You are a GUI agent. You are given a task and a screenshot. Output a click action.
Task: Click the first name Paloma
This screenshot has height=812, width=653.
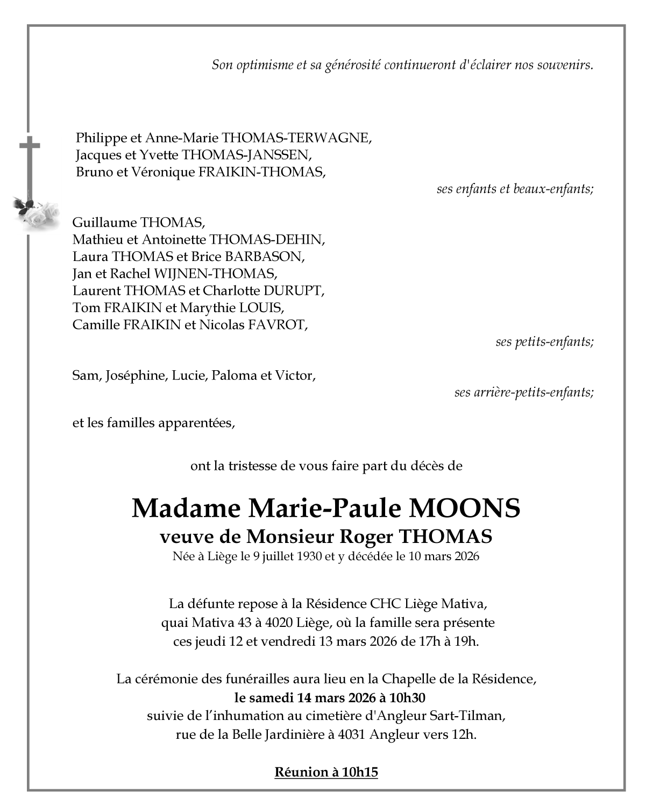coord(234,376)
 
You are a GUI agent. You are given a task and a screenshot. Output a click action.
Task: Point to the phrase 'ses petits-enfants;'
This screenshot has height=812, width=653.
coord(544,342)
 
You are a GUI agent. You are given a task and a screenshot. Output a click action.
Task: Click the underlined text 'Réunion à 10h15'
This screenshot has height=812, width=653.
coord(326,772)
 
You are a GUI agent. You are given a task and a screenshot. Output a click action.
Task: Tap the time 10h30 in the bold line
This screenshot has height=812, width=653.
coord(407,698)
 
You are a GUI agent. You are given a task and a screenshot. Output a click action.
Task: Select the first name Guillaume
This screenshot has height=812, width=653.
coord(104,223)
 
